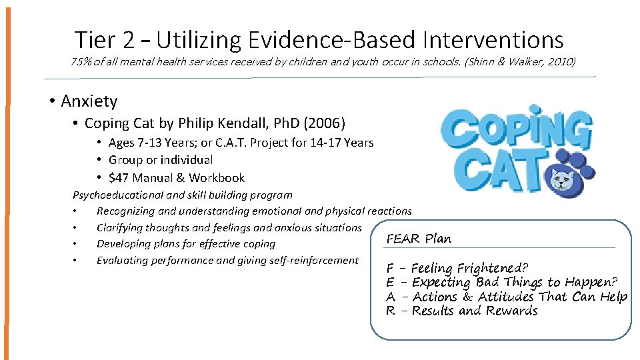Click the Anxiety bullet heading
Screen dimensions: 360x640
coord(89,101)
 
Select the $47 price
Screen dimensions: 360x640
coord(119,178)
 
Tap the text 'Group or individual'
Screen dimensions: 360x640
coord(161,160)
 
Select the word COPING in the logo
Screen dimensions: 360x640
coord(515,131)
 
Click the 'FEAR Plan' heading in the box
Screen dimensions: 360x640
coord(419,239)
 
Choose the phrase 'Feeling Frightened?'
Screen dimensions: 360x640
coord(470,269)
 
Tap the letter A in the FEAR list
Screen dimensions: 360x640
coord(391,297)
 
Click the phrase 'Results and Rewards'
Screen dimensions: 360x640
coord(475,311)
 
